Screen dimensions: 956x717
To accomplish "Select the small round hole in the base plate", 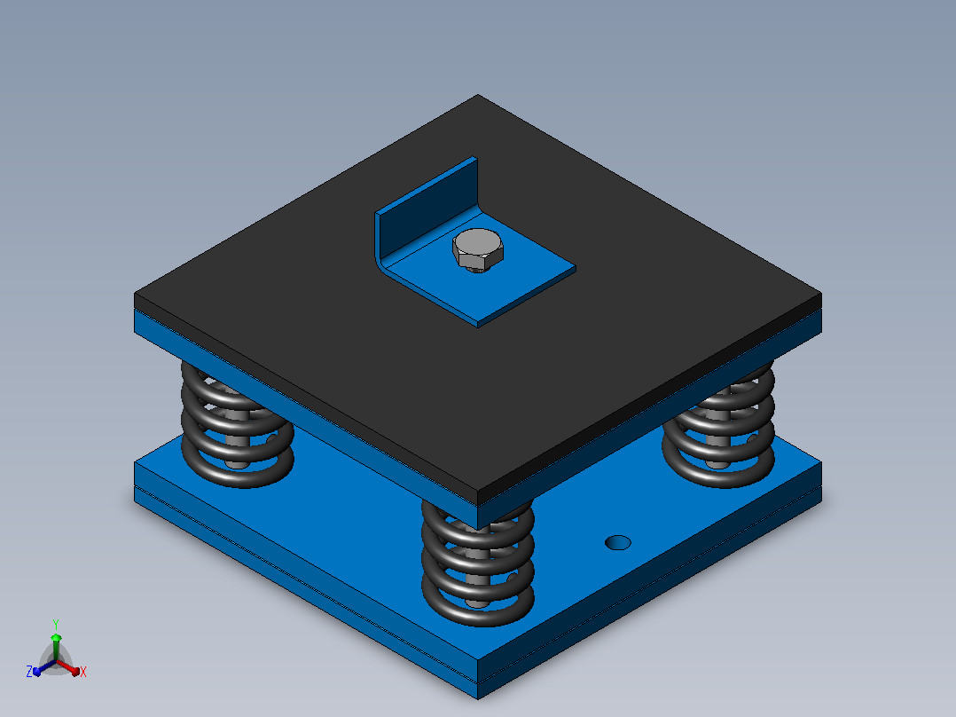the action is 617,542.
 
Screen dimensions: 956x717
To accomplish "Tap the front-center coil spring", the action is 478,564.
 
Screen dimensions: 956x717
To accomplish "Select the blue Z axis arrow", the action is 44,667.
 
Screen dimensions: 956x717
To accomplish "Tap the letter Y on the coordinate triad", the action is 56,624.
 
